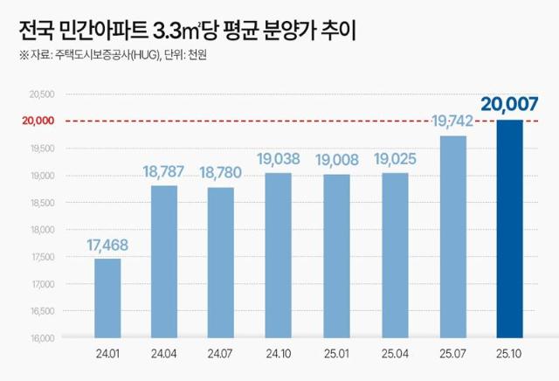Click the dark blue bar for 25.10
(x=509, y=229)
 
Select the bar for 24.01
(x=107, y=298)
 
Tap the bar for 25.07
(x=452, y=237)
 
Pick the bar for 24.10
(x=279, y=255)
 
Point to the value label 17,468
(x=107, y=245)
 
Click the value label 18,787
(x=164, y=172)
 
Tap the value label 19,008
(x=336, y=160)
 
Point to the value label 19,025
(x=394, y=159)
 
